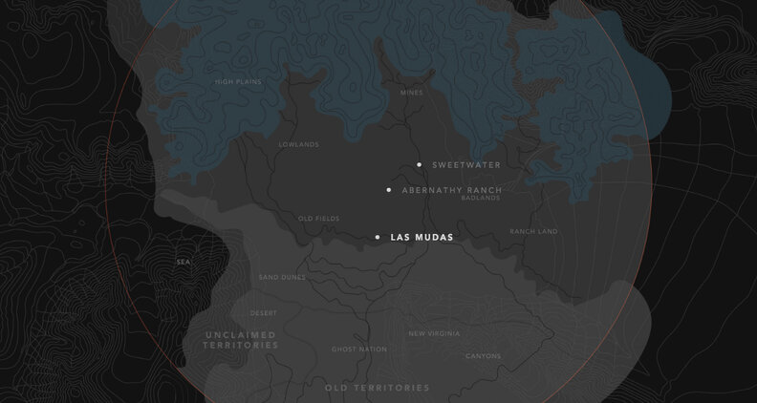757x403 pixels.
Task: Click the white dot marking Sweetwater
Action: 419,165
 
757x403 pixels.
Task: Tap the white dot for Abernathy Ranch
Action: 389,190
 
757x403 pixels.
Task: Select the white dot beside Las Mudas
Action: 378,237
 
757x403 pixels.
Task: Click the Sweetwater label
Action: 465,165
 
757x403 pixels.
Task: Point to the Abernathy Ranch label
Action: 451,190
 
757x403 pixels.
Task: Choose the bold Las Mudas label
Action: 422,237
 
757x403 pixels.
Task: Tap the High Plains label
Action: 237,82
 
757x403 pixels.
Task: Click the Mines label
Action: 411,93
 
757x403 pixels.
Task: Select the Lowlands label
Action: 298,145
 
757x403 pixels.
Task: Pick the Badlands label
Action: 481,199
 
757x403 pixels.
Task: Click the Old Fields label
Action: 318,219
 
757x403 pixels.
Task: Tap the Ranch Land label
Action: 533,231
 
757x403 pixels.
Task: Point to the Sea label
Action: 183,261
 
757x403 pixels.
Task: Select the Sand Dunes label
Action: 282,277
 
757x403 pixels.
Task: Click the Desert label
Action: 264,313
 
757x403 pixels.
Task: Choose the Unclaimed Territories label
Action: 240,340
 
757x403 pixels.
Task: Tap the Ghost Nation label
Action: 359,350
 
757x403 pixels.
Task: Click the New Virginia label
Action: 434,333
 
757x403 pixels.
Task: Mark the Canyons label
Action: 483,356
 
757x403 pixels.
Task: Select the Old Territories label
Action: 377,388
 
